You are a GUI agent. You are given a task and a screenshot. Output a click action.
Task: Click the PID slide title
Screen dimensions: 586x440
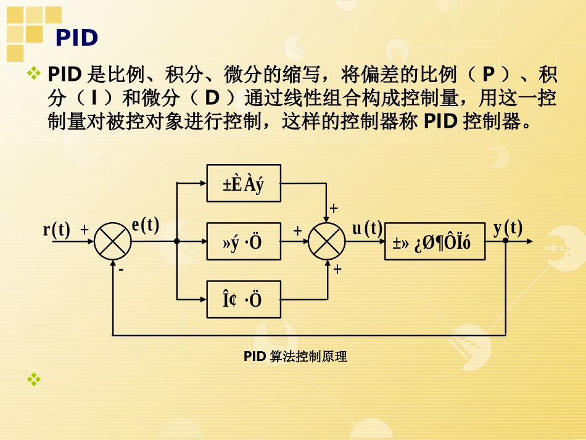tap(76, 38)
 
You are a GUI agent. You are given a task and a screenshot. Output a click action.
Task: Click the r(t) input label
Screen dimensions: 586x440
tap(56, 230)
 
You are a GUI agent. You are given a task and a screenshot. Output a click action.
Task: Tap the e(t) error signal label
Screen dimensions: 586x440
tap(146, 226)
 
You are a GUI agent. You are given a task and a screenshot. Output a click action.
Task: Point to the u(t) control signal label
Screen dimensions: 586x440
tap(367, 228)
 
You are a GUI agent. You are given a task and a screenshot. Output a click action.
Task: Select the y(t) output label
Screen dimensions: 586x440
tap(508, 228)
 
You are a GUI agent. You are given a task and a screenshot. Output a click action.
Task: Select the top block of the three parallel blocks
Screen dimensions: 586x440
tap(243, 183)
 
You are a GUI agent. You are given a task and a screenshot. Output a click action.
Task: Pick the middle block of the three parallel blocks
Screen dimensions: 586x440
tap(243, 241)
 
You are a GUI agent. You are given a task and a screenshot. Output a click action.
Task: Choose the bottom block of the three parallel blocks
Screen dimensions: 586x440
tap(243, 299)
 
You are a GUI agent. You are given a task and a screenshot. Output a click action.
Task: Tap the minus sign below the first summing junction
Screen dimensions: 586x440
tap(121, 270)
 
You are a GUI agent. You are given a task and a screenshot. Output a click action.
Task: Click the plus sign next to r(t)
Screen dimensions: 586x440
tap(85, 230)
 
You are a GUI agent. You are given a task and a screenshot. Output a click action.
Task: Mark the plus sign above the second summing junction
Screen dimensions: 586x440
tap(334, 209)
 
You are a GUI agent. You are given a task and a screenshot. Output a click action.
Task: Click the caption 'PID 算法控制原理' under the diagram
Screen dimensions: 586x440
tap(295, 356)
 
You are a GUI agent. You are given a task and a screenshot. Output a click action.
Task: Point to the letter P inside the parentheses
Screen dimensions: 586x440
tap(489, 76)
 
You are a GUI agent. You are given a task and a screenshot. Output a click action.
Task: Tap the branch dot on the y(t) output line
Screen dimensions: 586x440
tap(505, 241)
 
